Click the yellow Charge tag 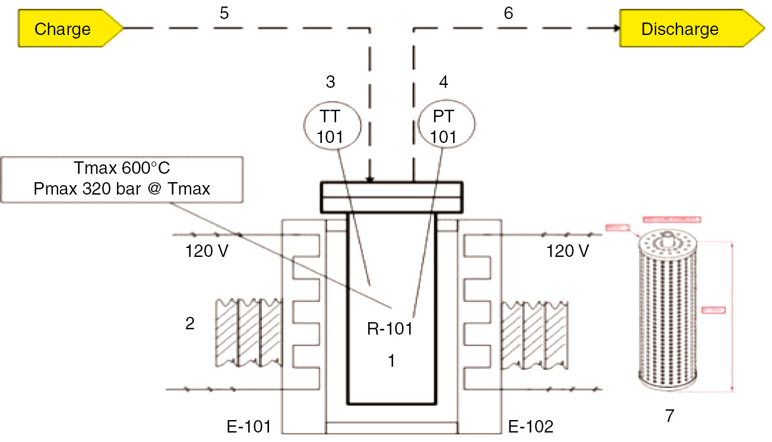click(x=65, y=29)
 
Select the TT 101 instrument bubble click(x=330, y=128)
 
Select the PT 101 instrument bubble click(x=442, y=128)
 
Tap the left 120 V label click(x=207, y=252)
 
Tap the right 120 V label click(x=567, y=252)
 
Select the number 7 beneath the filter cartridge click(x=669, y=416)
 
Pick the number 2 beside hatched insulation click(x=189, y=323)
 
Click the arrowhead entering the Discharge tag click(x=614, y=28)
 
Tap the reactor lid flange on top click(x=391, y=197)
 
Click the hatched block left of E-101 click(x=247, y=333)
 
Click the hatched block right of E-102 click(x=534, y=333)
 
